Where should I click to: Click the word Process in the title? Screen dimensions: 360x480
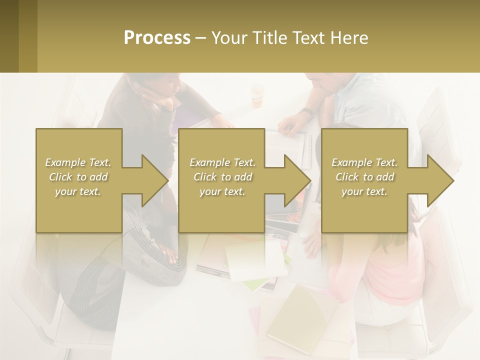[157, 38]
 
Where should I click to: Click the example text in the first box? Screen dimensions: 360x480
[78, 177]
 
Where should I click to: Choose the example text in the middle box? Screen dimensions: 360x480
[222, 177]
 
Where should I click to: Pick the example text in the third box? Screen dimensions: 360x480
[364, 177]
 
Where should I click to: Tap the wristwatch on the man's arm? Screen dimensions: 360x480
[306, 112]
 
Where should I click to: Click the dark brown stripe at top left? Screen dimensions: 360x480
[9, 36]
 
